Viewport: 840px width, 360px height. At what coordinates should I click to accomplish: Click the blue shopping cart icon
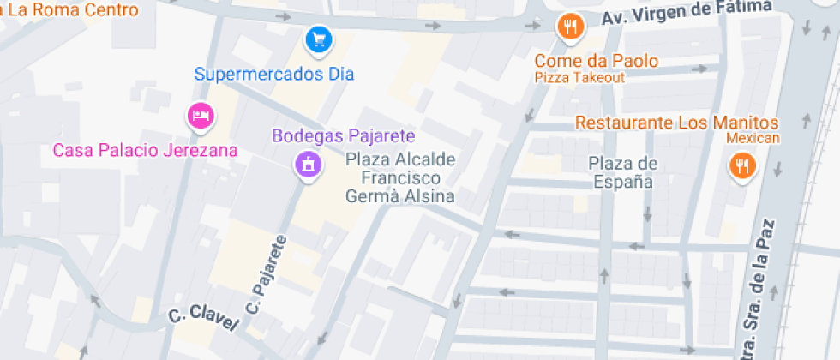click(319, 39)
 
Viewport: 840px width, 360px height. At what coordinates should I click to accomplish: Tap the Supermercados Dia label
click(274, 74)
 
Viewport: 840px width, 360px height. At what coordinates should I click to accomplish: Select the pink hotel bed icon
click(201, 115)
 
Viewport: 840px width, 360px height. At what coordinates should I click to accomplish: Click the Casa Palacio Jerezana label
click(145, 150)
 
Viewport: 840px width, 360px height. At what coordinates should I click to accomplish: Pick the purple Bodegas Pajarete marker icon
click(308, 163)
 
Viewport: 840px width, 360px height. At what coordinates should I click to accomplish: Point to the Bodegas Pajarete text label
click(344, 135)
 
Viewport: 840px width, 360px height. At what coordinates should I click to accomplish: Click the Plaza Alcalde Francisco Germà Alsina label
click(400, 177)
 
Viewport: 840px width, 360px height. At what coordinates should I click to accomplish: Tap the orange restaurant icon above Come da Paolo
click(569, 26)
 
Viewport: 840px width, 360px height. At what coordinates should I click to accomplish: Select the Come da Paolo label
click(597, 61)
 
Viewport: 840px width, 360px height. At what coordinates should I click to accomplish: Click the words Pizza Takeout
click(580, 77)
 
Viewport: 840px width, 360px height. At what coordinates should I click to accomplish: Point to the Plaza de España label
click(622, 172)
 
